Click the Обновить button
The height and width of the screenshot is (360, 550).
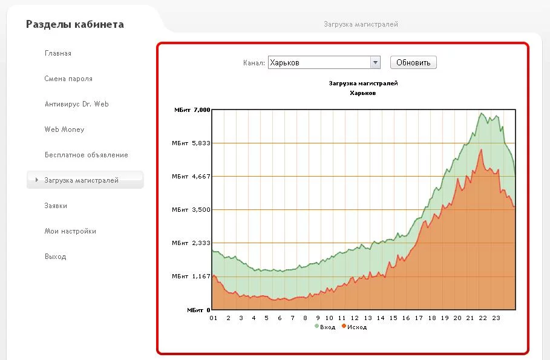click(x=413, y=62)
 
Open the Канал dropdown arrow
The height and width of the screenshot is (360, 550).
click(x=375, y=62)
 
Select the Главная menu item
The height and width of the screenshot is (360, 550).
click(x=58, y=53)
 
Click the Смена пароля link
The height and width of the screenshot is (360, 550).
click(x=68, y=79)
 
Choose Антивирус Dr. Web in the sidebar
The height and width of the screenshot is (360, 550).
click(x=76, y=104)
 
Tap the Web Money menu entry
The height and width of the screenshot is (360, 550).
click(x=64, y=129)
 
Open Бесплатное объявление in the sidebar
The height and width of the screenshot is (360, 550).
click(x=86, y=155)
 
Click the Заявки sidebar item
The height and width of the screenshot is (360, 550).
click(x=56, y=206)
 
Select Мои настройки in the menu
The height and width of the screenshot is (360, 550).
click(x=70, y=231)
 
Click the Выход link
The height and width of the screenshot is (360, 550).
click(x=55, y=257)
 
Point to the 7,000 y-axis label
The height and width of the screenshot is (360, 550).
click(x=201, y=110)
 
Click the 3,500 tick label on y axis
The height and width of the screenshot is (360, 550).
click(x=201, y=210)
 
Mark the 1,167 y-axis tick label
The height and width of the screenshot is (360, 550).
click(x=201, y=277)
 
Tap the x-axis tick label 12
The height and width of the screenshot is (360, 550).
click(x=355, y=318)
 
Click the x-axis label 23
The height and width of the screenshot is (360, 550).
click(x=496, y=318)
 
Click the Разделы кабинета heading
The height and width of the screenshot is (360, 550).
click(x=74, y=25)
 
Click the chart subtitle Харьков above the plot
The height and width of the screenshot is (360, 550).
click(x=363, y=93)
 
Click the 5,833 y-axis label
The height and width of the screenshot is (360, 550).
click(x=201, y=143)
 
